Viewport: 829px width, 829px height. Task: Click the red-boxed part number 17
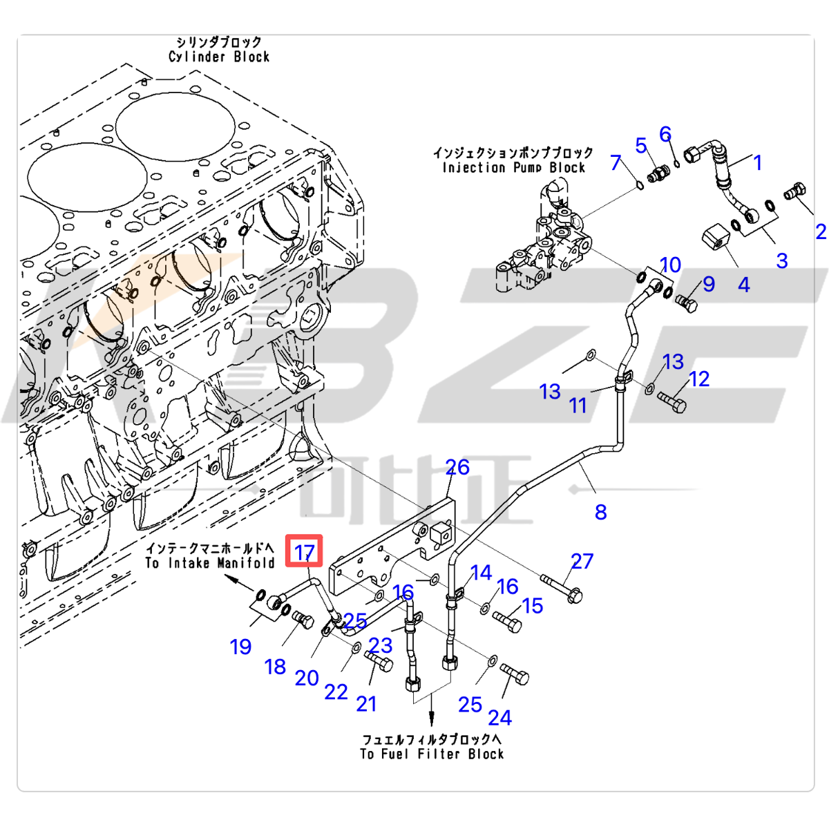305,552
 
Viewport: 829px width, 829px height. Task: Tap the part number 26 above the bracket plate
457,468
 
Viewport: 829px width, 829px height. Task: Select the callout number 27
582,561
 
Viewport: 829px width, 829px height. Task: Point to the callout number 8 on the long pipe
600,512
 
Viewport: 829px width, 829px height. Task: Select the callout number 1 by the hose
757,163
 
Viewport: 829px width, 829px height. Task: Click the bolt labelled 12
670,400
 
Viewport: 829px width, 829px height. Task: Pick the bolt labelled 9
685,303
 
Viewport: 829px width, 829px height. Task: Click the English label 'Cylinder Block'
219,57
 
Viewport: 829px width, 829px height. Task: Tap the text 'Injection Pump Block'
513,168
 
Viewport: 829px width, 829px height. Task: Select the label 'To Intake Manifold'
210,563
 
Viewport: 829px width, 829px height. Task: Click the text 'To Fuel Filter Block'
432,754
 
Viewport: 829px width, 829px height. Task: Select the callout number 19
240,647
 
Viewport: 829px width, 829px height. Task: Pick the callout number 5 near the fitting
641,146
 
